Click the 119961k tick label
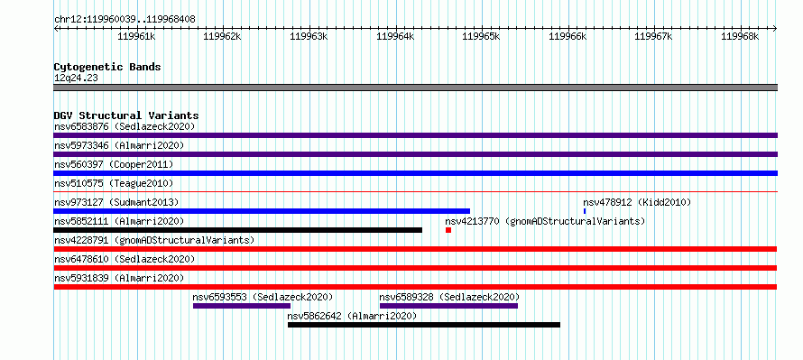136,36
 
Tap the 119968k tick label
740,36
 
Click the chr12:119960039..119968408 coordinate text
125,20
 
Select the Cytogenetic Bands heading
107,67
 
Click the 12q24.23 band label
76,78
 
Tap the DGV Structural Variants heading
126,115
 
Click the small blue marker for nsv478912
585,211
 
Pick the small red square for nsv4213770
448,230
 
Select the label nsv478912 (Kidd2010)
637,202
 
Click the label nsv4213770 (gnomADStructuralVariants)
545,221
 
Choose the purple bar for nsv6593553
242,306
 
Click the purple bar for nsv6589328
448,306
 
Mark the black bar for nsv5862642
424,325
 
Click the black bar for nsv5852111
237,230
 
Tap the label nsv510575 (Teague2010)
114,183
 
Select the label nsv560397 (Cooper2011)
114,164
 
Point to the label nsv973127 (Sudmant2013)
116,202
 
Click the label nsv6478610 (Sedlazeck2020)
125,259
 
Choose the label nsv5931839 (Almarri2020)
119,278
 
